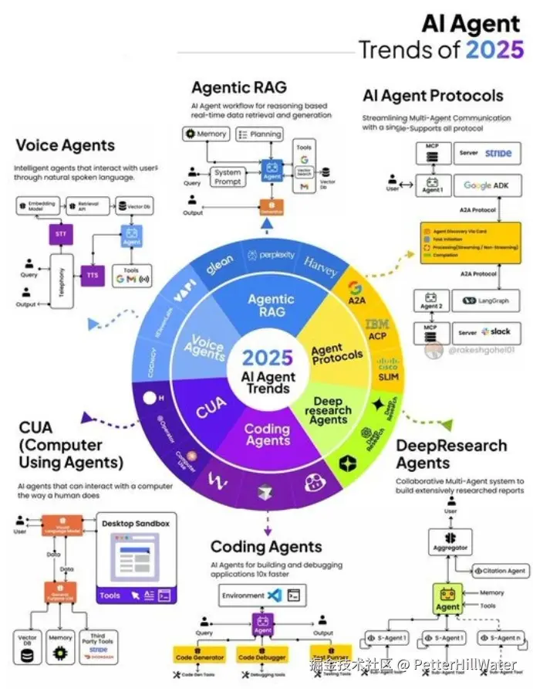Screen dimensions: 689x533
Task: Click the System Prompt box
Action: [228, 176]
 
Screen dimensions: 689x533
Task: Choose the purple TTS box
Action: [92, 275]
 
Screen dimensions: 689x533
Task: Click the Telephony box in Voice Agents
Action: [61, 283]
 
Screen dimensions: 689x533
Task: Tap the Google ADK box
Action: [488, 185]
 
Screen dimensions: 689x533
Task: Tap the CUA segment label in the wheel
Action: [210, 408]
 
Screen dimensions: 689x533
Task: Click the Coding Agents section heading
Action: [266, 547]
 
